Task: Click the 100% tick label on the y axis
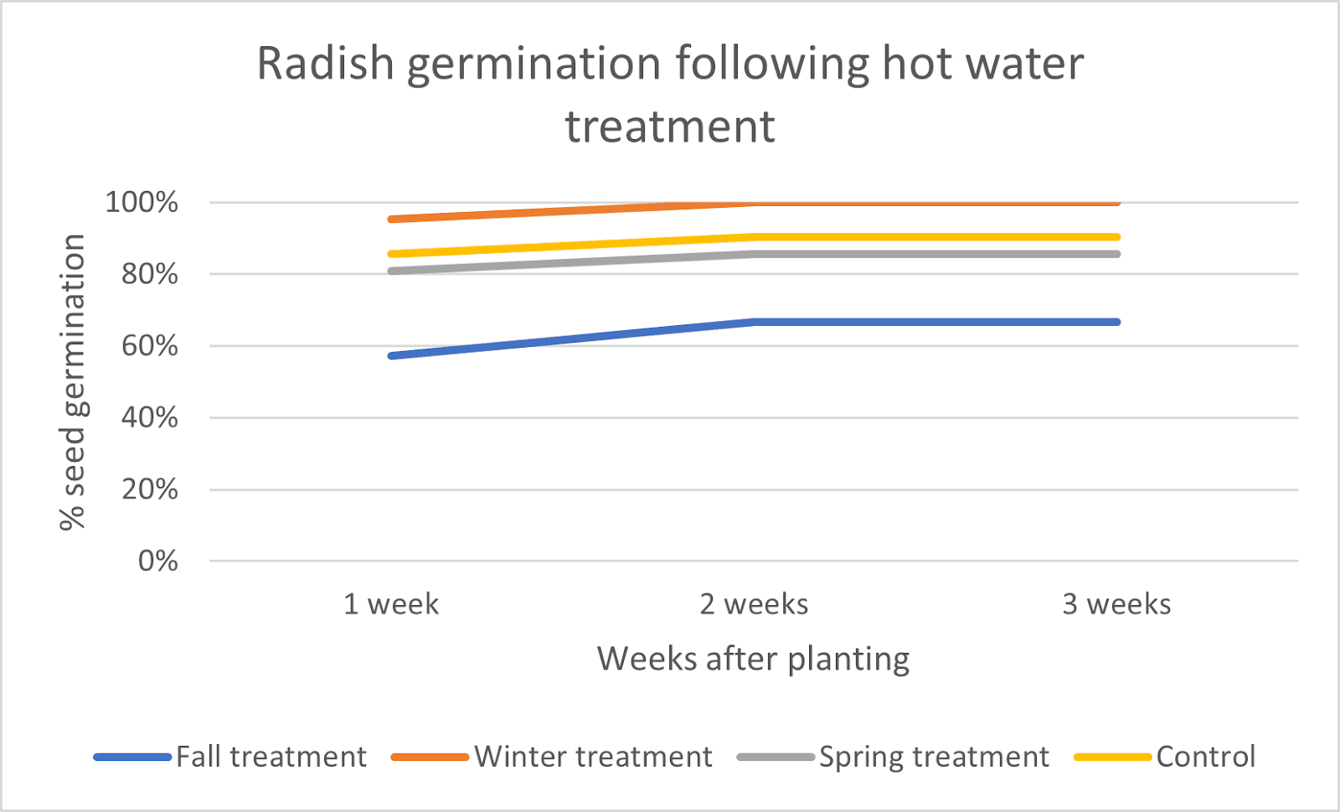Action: tap(142, 203)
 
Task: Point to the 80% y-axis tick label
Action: tap(149, 275)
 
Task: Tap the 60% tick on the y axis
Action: tap(149, 346)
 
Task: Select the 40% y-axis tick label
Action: tap(149, 418)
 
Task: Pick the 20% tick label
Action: tap(149, 489)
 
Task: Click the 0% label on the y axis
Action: tap(157, 561)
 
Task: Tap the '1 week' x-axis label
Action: tap(391, 604)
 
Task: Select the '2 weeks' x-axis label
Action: tap(754, 604)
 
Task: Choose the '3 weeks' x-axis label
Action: tap(1116, 604)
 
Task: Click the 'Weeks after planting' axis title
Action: tap(753, 659)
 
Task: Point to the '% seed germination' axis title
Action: tap(73, 382)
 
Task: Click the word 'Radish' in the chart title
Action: tap(325, 64)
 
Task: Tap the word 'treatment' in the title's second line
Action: tap(670, 127)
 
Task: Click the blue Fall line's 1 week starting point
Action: tap(391, 356)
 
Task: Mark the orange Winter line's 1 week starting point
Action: tap(391, 220)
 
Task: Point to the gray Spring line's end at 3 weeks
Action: tap(1116, 254)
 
